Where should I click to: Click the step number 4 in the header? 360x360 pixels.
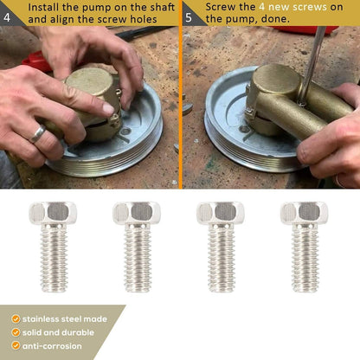(x=7, y=17)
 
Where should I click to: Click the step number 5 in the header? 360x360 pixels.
(x=189, y=17)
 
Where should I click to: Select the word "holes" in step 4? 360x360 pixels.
(x=144, y=19)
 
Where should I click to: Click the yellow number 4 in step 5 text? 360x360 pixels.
(x=261, y=7)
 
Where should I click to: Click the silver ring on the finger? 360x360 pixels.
(x=37, y=134)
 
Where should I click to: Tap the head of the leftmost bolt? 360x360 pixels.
(x=53, y=213)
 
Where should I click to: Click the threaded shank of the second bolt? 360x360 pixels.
(x=138, y=258)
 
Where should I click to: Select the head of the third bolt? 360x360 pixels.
(x=221, y=213)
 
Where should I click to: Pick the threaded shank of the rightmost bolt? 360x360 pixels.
(x=305, y=258)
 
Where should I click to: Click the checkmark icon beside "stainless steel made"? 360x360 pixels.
(x=16, y=318)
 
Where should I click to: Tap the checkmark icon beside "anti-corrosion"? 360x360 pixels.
(x=16, y=345)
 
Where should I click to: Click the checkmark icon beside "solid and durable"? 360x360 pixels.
(x=16, y=332)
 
